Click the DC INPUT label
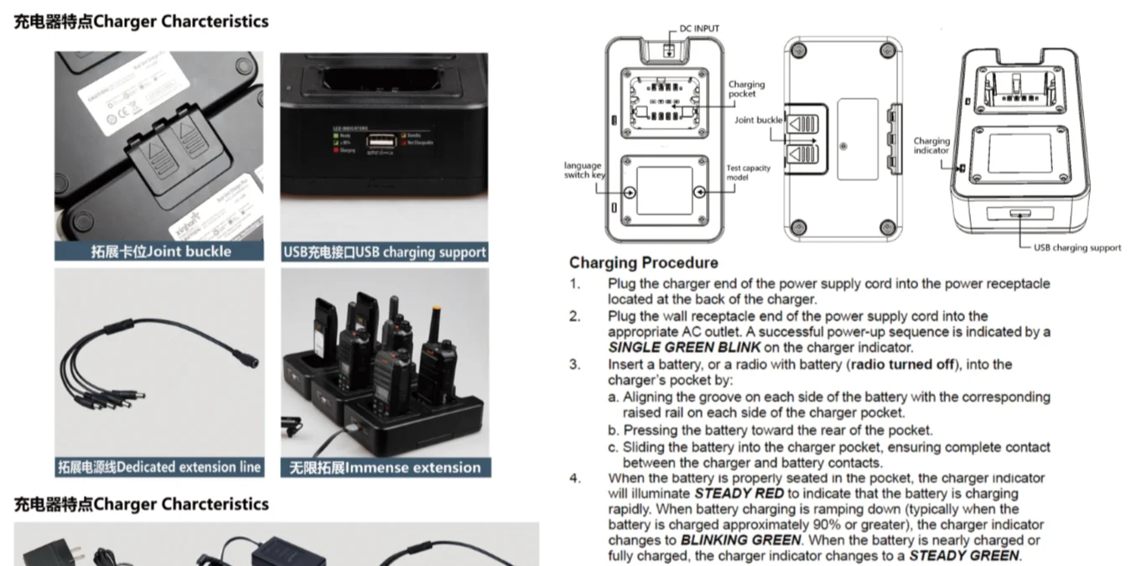point(698,29)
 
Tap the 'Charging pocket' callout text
point(745,89)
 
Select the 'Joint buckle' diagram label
point(758,120)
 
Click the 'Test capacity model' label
point(748,173)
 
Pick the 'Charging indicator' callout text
point(931,146)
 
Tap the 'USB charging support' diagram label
point(1076,247)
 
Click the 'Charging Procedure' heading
point(643,262)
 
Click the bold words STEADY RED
point(739,493)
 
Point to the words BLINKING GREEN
point(740,540)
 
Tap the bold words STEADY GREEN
point(964,555)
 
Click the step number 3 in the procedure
point(574,364)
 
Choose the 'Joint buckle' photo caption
point(160,251)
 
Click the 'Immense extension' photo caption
point(385,467)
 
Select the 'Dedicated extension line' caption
point(159,467)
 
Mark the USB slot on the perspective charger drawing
point(1020,215)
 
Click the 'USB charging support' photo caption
point(385,251)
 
